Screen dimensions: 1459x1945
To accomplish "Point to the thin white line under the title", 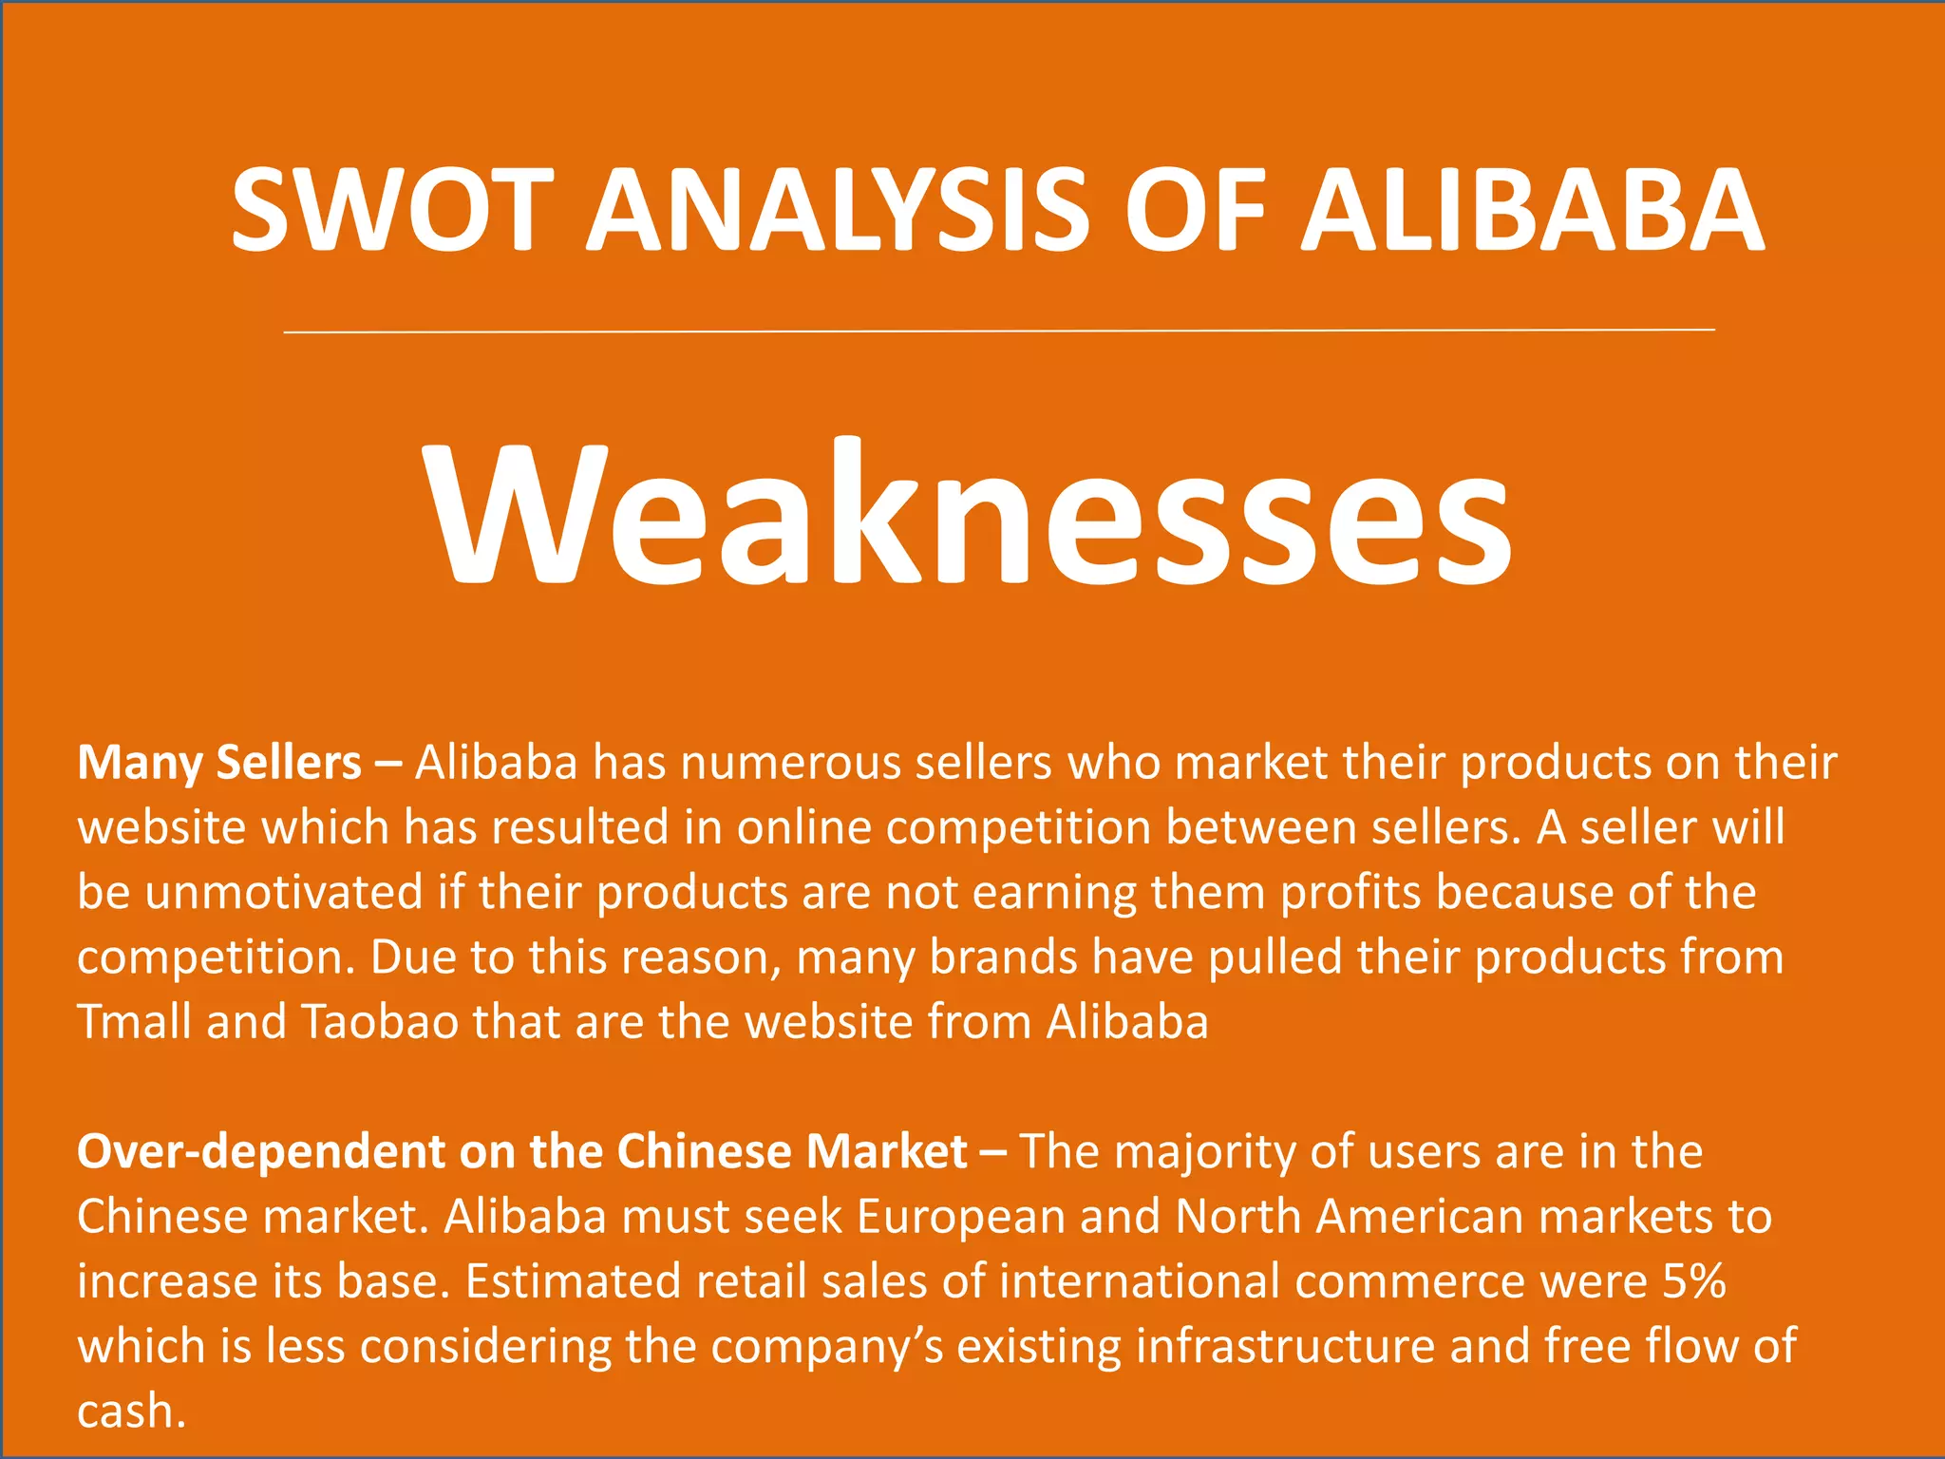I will click(997, 331).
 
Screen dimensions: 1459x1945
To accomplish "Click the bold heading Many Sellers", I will click(219, 763).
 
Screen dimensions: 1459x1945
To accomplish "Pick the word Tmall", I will click(134, 1022).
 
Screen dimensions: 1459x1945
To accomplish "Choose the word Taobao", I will click(380, 1022).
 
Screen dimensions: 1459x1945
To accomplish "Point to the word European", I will click(960, 1217).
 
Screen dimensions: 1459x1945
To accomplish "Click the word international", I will click(1140, 1281).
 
